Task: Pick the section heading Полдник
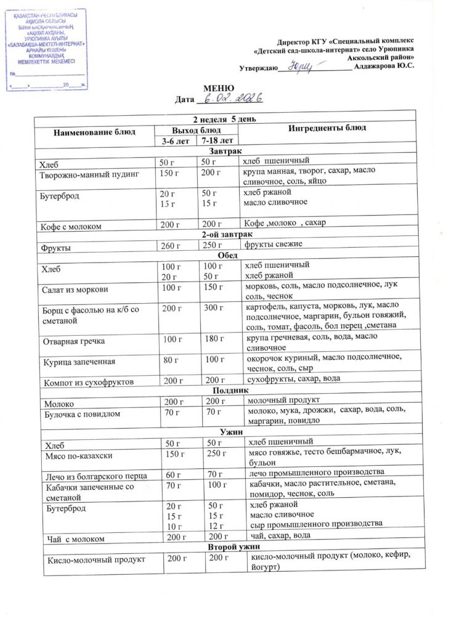coord(229,391)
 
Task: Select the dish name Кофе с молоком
coord(73,226)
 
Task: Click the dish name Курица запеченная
coord(79,362)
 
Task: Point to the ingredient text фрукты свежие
coord(273,245)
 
